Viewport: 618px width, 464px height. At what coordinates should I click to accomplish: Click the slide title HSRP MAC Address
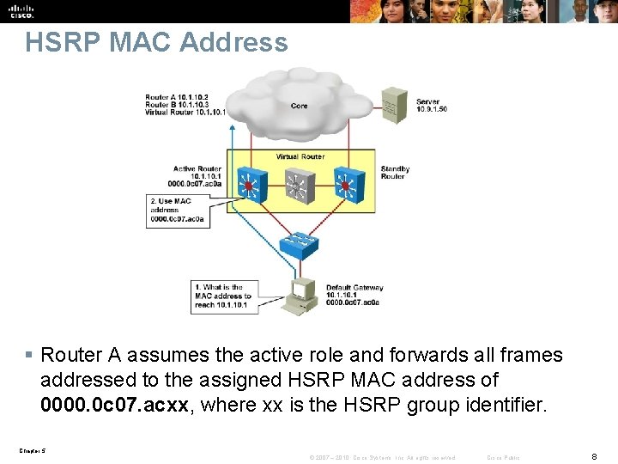(156, 43)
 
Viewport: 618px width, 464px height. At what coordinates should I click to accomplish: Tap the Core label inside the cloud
(299, 106)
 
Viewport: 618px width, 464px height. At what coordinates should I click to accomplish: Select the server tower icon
(395, 105)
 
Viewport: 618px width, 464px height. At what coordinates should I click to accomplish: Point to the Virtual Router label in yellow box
(300, 156)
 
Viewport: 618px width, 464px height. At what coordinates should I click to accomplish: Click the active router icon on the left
(250, 185)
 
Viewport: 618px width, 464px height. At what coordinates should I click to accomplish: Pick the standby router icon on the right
(346, 185)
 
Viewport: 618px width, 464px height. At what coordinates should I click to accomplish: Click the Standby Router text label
(395, 173)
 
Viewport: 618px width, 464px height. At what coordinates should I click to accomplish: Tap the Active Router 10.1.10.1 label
(197, 176)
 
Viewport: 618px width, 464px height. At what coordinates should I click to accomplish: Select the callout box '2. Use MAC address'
(177, 211)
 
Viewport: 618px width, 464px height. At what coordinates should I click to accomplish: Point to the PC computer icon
(302, 295)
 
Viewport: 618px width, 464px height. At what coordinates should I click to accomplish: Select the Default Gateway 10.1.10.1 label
(354, 295)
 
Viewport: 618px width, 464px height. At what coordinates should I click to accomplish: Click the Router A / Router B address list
(185, 105)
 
